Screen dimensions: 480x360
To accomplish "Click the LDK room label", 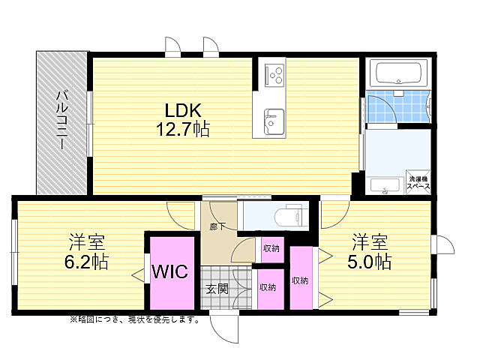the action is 183,110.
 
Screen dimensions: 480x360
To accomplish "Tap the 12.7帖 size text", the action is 183,129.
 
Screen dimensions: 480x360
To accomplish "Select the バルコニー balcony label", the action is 62,120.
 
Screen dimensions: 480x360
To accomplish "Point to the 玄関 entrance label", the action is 217,288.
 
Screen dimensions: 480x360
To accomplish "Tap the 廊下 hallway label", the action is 217,226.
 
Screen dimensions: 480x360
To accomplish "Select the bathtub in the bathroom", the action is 398,73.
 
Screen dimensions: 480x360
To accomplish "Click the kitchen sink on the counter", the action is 274,121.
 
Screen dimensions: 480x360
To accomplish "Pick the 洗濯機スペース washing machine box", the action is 418,182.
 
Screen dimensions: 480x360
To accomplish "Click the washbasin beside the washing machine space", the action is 385,185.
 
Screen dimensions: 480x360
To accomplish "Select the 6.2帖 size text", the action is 87,261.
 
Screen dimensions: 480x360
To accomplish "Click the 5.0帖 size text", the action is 370,261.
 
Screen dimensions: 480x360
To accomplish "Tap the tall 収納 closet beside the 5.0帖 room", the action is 301,277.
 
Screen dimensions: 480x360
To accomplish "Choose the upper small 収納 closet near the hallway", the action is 272,249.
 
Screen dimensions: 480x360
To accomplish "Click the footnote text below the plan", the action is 135,320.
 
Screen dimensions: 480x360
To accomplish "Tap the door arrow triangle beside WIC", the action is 138,275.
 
